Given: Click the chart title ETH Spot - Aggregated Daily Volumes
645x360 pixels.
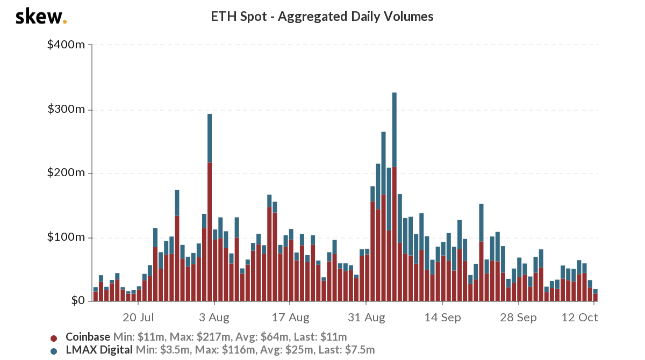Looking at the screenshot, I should coord(322,17).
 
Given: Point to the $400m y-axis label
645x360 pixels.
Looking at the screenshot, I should coord(66,45).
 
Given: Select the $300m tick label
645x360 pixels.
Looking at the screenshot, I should coord(66,110).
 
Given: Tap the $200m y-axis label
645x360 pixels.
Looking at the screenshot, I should coord(66,173).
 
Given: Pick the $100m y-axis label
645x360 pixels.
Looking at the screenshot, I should coord(66,237).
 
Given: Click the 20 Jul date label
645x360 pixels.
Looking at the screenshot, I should coord(139,318).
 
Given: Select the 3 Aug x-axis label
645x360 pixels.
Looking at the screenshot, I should coord(214,318).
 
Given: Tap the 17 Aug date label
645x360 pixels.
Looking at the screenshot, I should coord(291,318).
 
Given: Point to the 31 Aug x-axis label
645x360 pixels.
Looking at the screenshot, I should coord(367,318).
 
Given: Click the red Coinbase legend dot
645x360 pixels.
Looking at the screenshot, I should coord(54,338).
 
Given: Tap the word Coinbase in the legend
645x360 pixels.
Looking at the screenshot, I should coord(88,337).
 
